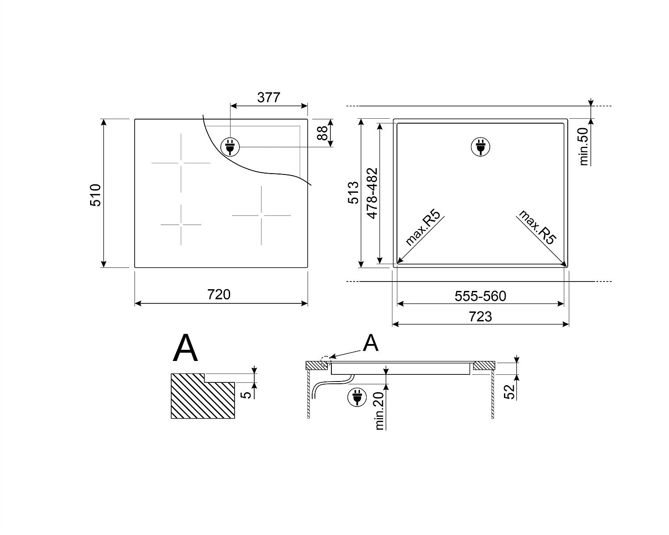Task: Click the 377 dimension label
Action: click(x=268, y=97)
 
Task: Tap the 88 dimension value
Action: click(x=323, y=133)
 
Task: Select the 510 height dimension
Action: click(x=95, y=195)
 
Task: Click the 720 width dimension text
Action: click(x=219, y=294)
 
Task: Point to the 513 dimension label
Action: click(x=353, y=193)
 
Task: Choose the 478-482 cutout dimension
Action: click(x=372, y=193)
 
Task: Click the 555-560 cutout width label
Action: click(x=480, y=296)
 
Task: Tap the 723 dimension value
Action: click(x=480, y=317)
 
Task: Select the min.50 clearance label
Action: click(x=584, y=146)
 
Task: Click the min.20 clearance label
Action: click(x=380, y=411)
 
